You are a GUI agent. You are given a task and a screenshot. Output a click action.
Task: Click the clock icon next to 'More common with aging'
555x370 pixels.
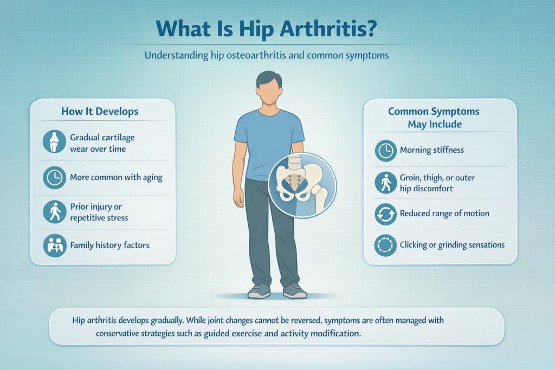tap(54, 177)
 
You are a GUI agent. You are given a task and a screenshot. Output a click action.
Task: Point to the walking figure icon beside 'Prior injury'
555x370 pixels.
tap(54, 211)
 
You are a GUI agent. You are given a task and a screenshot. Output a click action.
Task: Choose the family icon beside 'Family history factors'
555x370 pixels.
tap(54, 245)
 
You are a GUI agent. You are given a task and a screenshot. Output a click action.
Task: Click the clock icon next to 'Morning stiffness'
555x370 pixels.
tap(386, 150)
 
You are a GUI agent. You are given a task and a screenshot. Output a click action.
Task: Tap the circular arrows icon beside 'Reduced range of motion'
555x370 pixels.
tap(386, 213)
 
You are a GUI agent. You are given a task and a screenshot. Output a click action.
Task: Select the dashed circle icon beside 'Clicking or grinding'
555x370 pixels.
tap(386, 245)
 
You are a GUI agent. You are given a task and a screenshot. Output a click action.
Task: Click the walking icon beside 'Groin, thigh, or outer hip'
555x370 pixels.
tap(386, 183)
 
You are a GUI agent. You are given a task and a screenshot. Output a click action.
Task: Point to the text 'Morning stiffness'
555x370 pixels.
tap(431, 150)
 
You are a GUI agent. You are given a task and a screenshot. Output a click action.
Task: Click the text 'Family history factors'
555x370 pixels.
tap(109, 245)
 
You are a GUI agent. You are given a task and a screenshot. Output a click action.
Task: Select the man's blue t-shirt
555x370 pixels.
tap(269, 141)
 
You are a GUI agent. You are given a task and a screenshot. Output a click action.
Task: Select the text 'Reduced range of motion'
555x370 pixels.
tap(444, 213)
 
